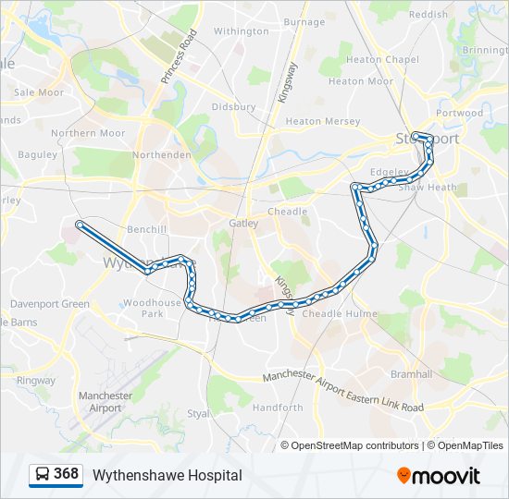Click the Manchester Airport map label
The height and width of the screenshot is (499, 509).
tap(106, 402)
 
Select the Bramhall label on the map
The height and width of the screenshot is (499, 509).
tap(412, 374)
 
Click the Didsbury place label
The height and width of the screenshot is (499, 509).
tap(233, 107)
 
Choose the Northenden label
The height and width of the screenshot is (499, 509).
tap(163, 155)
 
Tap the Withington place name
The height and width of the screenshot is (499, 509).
tap(241, 30)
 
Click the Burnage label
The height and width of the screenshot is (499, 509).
tap(304, 22)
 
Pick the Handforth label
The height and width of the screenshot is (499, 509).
tap(278, 408)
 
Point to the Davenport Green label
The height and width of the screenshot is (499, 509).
tap(50, 304)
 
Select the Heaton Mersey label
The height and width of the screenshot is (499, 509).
tap(322, 121)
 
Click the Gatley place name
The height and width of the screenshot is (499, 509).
tap(244, 223)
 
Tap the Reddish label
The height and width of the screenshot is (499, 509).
tap(428, 15)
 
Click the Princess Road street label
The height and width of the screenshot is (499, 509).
tap(180, 57)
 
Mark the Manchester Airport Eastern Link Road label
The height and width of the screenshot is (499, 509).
tap(343, 392)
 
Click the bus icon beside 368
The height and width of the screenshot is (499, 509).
tap(43, 475)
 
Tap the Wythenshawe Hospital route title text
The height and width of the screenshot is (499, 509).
tap(167, 475)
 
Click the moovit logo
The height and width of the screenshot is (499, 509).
tap(439, 475)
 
